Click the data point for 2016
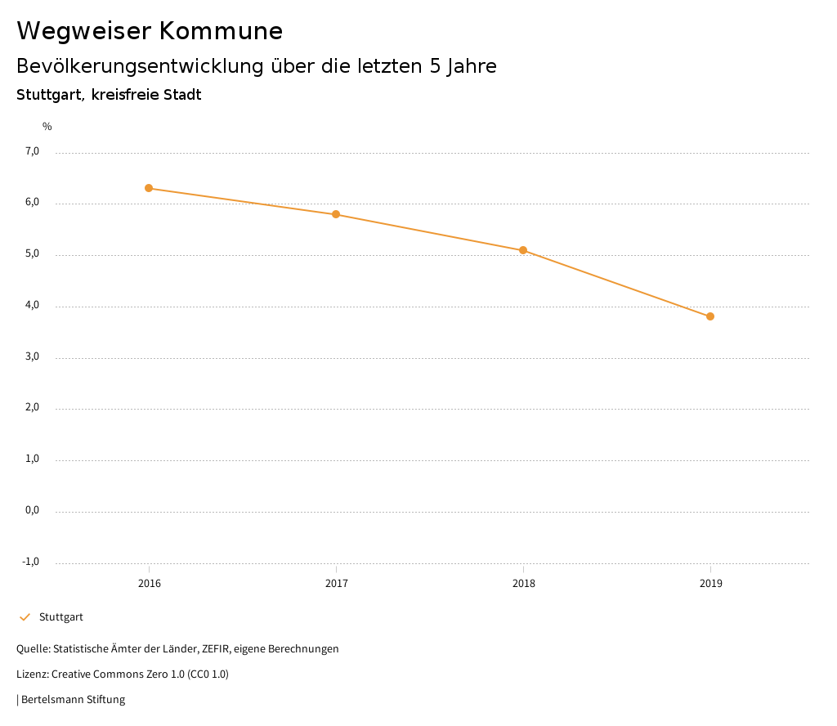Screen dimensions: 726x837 click(149, 188)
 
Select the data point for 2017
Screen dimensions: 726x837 click(336, 214)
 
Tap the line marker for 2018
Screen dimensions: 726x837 click(523, 250)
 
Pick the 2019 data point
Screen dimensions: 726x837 click(710, 316)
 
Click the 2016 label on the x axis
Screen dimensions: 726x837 click(149, 584)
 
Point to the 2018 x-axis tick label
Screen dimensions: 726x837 click(523, 584)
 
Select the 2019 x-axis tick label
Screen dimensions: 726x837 click(710, 584)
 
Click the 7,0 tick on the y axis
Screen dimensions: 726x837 click(32, 151)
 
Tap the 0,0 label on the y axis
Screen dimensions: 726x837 click(32, 510)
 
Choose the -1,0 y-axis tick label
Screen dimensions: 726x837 click(31, 562)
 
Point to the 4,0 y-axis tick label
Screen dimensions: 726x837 click(32, 305)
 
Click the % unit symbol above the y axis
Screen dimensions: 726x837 click(47, 127)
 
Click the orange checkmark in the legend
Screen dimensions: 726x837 click(25, 617)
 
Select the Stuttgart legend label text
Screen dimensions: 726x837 click(61, 617)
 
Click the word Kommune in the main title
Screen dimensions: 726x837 click(221, 31)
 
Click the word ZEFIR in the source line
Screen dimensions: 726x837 click(217, 649)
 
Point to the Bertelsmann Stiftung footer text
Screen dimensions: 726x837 click(73, 700)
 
